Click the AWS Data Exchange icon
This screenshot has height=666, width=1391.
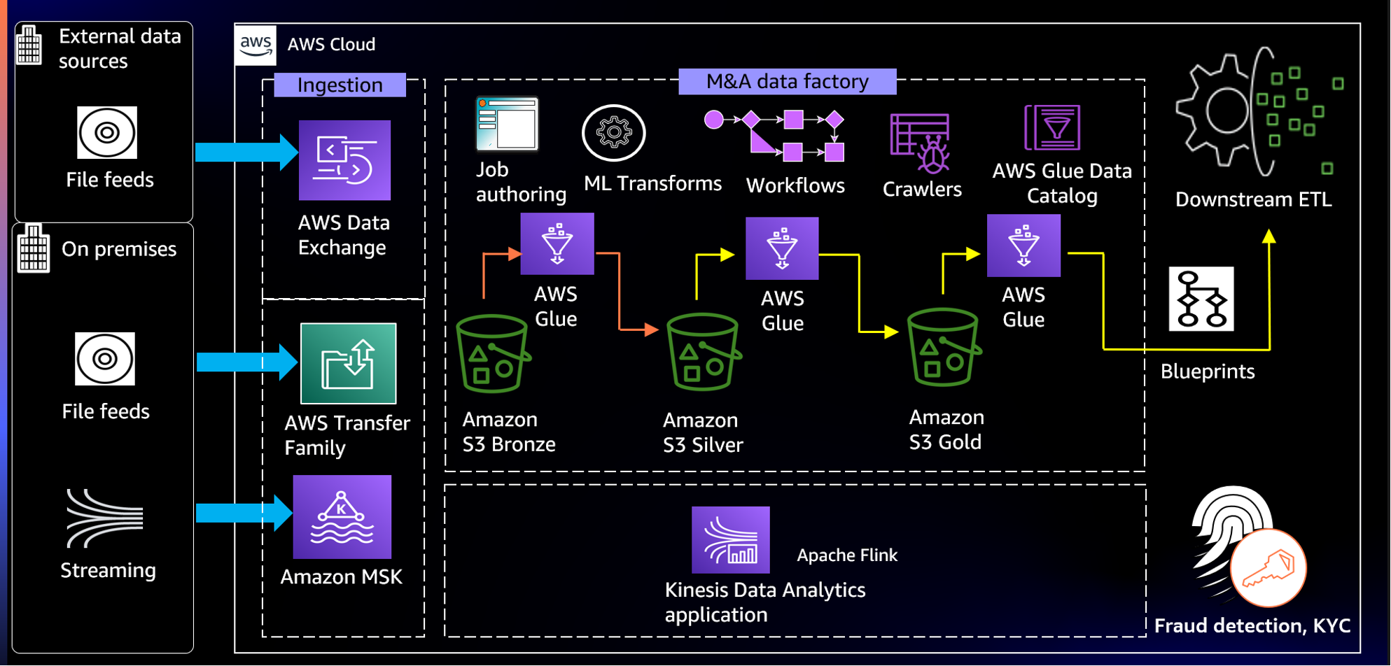coord(344,160)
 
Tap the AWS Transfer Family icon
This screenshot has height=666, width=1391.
coord(348,363)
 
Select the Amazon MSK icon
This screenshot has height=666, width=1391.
coord(342,517)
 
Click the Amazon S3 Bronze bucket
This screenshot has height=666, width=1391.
coord(492,354)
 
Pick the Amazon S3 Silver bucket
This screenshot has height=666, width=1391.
coord(703,352)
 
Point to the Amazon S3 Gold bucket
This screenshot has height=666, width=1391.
coord(943,348)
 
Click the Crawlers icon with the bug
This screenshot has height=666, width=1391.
coord(921,143)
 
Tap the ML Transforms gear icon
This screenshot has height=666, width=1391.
coord(613,133)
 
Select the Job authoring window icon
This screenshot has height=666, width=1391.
coord(507,124)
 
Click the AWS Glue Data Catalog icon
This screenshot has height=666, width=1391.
coord(1052,127)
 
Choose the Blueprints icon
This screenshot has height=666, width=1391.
coord(1201,299)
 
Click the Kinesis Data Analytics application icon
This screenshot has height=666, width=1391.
coord(730,539)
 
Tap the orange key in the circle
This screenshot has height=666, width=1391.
coord(1268,567)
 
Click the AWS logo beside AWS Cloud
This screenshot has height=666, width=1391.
coord(256,45)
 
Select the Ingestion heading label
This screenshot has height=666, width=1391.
coord(340,85)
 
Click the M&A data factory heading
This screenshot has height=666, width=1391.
coord(787,81)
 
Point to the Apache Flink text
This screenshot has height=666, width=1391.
coord(846,555)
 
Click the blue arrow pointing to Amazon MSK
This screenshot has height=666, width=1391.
coord(242,513)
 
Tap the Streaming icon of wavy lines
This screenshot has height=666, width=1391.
coord(104,518)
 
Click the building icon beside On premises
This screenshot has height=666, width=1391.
coord(33,249)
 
